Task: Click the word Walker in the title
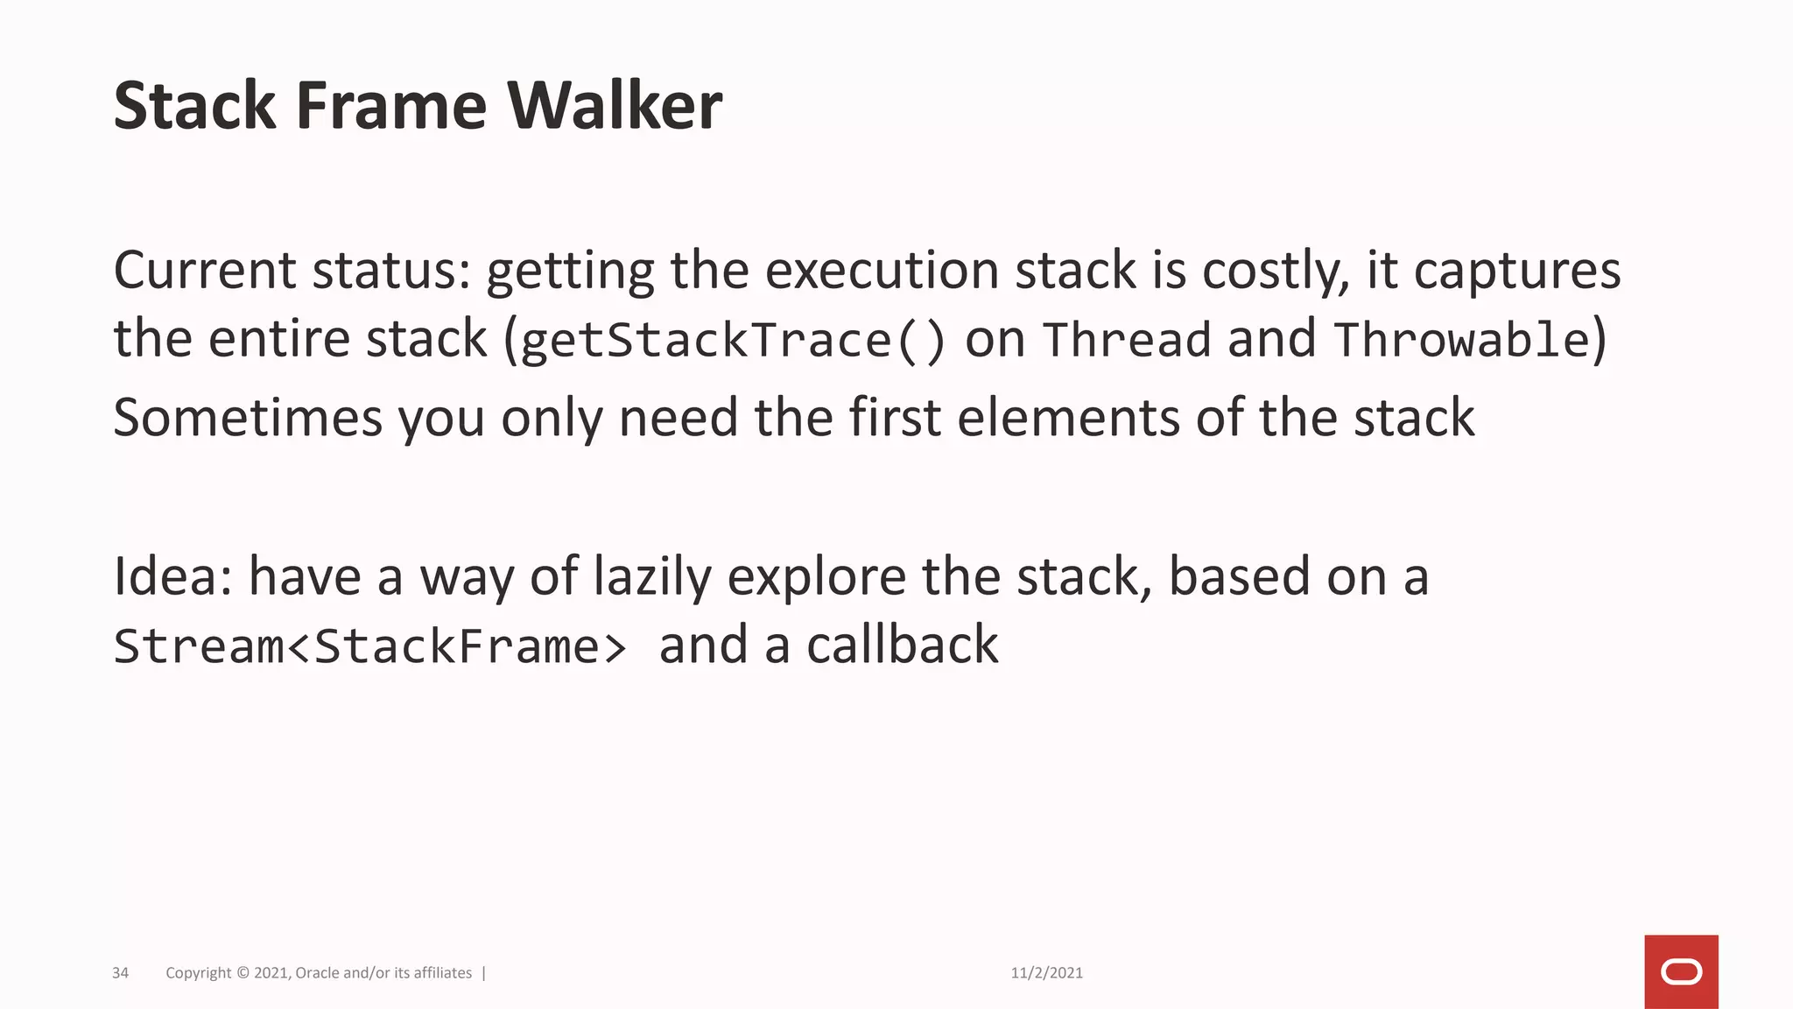[x=615, y=106]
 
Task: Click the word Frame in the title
[x=390, y=106]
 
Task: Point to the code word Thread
[x=1128, y=340]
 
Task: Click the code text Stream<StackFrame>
[x=370, y=646]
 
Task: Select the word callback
[x=902, y=646]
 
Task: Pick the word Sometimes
[x=248, y=417]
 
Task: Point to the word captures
[x=1517, y=272]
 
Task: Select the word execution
[x=882, y=270]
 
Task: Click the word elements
[x=1068, y=417]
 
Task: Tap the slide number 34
[x=121, y=973]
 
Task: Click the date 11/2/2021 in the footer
[x=1046, y=973]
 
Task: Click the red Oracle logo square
[x=1681, y=971]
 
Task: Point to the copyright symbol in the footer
[x=243, y=973]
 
